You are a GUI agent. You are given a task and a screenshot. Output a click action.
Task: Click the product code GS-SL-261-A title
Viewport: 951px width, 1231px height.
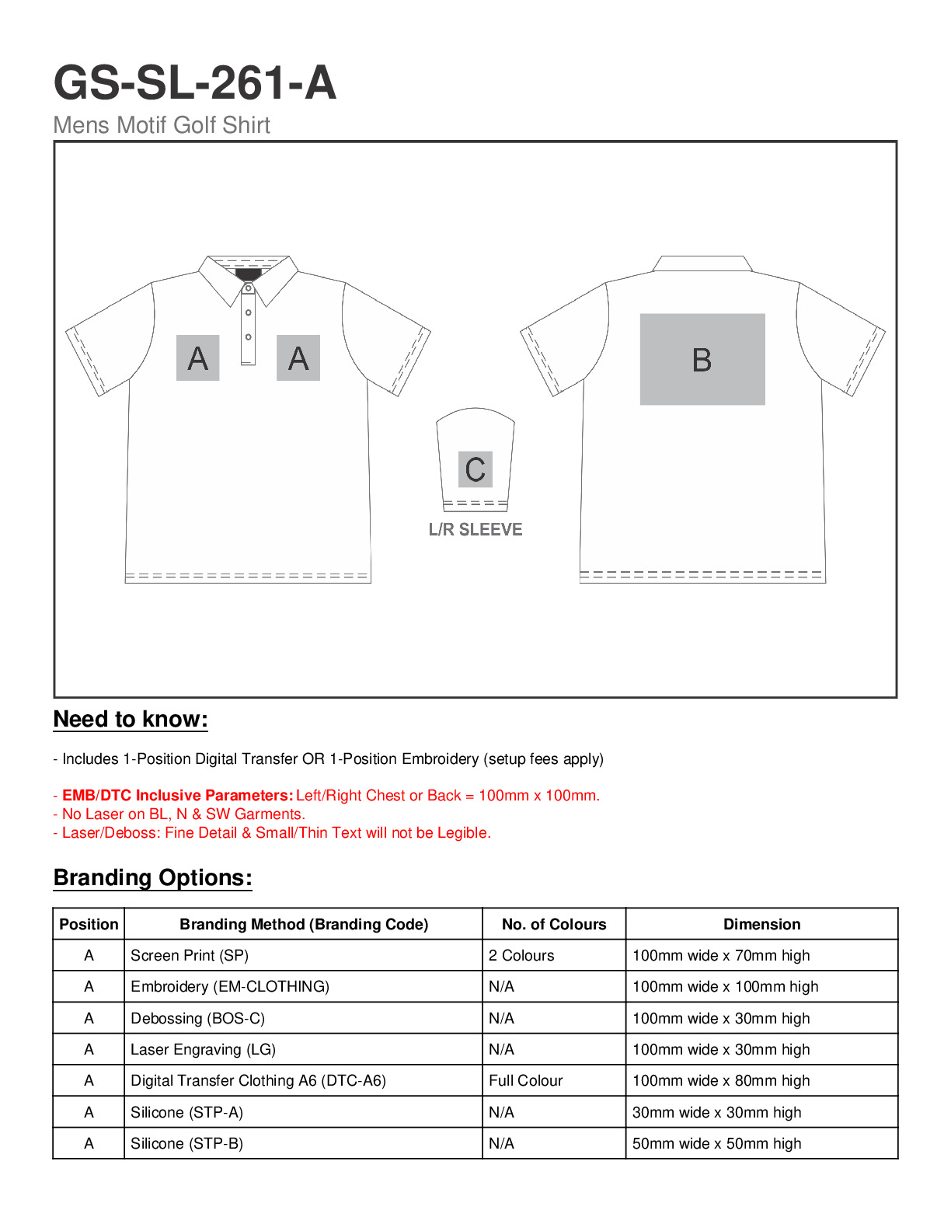pyautogui.click(x=194, y=83)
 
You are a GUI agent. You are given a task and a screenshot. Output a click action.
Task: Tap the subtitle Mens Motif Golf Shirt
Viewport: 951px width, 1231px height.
pyautogui.click(x=162, y=125)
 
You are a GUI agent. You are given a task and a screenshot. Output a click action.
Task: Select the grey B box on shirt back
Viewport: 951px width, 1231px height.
pyautogui.click(x=702, y=359)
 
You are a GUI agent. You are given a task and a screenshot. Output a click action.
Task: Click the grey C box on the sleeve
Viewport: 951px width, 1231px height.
pyautogui.click(x=475, y=469)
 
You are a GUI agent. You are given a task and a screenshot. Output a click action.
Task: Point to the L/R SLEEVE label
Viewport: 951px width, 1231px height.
pyautogui.click(x=475, y=530)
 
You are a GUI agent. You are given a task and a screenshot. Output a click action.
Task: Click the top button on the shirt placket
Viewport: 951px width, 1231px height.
pyautogui.click(x=249, y=288)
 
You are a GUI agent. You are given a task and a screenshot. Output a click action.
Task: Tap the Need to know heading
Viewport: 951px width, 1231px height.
pyautogui.click(x=131, y=720)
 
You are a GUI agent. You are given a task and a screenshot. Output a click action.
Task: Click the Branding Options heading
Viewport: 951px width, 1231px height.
pyautogui.click(x=152, y=878)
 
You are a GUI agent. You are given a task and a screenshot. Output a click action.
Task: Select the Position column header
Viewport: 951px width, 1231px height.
pyautogui.click(x=89, y=924)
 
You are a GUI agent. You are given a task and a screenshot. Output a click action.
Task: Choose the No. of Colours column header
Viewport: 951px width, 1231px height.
pyautogui.click(x=554, y=924)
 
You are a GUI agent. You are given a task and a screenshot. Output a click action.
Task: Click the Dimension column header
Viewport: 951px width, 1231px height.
pyautogui.click(x=761, y=924)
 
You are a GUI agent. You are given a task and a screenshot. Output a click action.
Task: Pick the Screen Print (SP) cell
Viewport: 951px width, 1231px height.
pyautogui.click(x=190, y=956)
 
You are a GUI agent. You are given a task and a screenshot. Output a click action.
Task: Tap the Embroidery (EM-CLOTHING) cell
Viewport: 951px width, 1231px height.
pyautogui.click(x=230, y=987)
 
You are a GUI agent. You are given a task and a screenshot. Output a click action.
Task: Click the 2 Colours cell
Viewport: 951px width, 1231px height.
pyautogui.click(x=521, y=956)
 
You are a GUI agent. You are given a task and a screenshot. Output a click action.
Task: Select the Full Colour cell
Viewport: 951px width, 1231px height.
pyautogui.click(x=526, y=1081)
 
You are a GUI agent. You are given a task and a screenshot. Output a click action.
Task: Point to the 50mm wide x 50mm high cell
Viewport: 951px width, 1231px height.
pyautogui.click(x=716, y=1144)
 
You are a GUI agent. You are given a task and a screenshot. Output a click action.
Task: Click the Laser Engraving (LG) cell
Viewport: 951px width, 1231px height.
pyautogui.click(x=203, y=1050)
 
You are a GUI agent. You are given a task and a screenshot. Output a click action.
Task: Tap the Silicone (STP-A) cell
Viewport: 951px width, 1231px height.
pyautogui.click(x=186, y=1113)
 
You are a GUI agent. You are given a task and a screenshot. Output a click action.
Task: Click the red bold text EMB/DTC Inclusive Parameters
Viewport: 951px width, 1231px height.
pyautogui.click(x=177, y=796)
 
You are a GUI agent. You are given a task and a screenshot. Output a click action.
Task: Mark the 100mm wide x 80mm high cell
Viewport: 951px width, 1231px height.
pyautogui.click(x=721, y=1081)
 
